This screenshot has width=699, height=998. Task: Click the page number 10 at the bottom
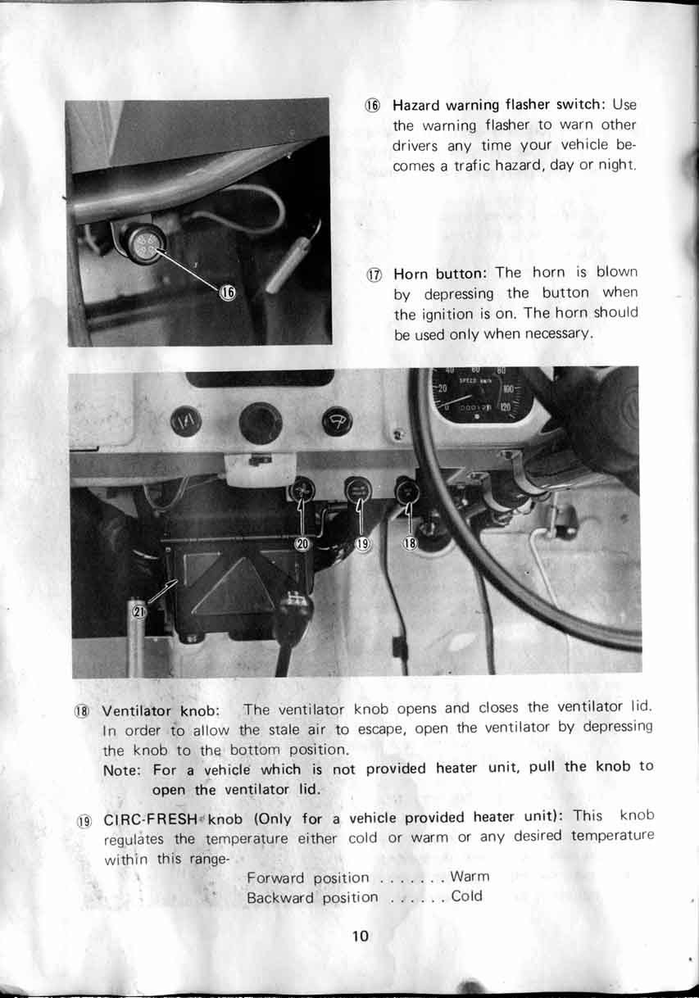pyautogui.click(x=361, y=936)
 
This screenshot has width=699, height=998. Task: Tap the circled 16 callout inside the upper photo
pyautogui.click(x=229, y=293)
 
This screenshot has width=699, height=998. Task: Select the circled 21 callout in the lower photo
pyautogui.click(x=138, y=611)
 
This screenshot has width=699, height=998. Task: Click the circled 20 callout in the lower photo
pyautogui.click(x=302, y=543)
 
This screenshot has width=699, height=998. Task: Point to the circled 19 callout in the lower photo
pyautogui.click(x=363, y=543)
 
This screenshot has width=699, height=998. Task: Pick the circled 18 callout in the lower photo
pyautogui.click(x=411, y=543)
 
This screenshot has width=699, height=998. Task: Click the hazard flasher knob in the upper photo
pyautogui.click(x=145, y=243)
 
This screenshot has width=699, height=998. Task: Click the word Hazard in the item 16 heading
pyautogui.click(x=417, y=106)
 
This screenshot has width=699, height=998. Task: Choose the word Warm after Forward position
pyautogui.click(x=470, y=877)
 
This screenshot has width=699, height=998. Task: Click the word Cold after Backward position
pyautogui.click(x=467, y=896)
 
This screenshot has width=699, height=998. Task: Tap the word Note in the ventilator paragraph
pyautogui.click(x=121, y=770)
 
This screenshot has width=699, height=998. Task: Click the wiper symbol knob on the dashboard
pyautogui.click(x=336, y=421)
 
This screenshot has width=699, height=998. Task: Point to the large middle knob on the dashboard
pyautogui.click(x=261, y=424)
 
